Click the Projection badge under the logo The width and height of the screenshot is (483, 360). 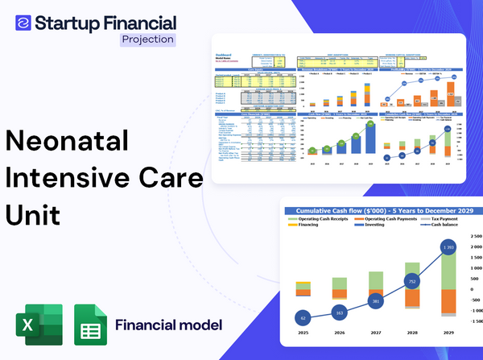pos(147,39)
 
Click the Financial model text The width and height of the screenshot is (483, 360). pos(168,326)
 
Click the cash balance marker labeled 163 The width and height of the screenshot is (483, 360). pos(339,311)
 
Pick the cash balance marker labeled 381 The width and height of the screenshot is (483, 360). pos(375,301)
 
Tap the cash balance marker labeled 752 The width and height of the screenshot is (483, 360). pos(411,282)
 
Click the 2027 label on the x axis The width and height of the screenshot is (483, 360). pos(375,333)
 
